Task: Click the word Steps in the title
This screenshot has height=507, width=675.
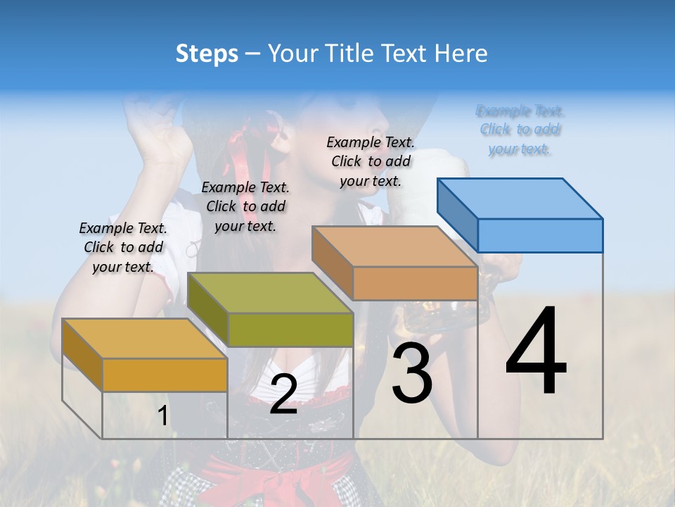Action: click(x=207, y=54)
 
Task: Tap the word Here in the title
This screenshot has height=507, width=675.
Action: click(x=461, y=54)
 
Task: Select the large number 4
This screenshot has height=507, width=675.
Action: click(x=536, y=351)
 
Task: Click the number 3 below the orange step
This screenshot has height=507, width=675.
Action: click(x=412, y=374)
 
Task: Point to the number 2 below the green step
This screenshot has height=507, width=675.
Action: click(x=283, y=394)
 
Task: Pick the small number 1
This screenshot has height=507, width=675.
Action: click(x=162, y=416)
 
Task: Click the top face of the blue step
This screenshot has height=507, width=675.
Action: click(x=520, y=199)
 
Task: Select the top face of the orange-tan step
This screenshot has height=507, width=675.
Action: click(x=394, y=246)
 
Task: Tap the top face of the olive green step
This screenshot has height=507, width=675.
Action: click(x=270, y=293)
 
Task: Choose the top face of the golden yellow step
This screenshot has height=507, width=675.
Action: click(x=144, y=339)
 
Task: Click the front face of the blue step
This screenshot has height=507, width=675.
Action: click(x=540, y=235)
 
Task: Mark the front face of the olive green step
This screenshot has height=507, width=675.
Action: click(x=290, y=330)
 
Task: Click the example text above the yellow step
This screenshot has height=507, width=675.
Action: click(x=123, y=247)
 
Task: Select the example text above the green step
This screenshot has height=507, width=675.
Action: click(x=245, y=206)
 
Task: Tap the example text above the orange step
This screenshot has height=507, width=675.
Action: click(x=371, y=161)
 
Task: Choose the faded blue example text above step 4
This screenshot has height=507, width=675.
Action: click(x=520, y=130)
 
